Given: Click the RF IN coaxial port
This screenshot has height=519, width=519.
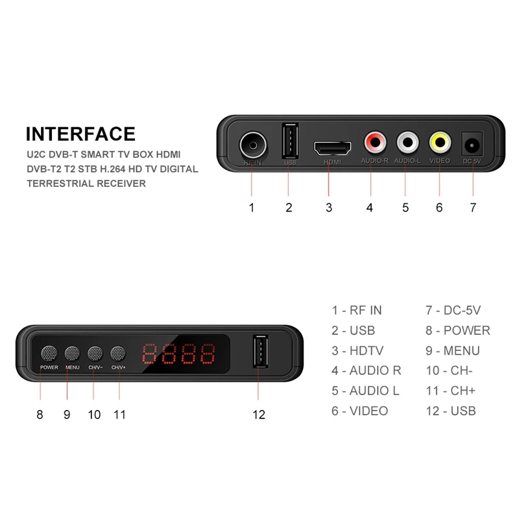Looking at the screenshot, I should (x=252, y=143).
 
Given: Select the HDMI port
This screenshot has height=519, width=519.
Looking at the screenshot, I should (x=332, y=147).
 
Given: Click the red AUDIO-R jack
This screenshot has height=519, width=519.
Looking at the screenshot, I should (x=375, y=141).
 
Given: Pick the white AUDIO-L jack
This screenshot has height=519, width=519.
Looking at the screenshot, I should (x=407, y=141).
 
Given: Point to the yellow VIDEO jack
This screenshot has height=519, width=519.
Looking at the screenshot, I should (x=439, y=141).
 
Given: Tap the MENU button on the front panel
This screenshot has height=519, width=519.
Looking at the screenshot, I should (x=71, y=354).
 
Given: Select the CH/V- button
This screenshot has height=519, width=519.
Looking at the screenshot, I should (x=95, y=354).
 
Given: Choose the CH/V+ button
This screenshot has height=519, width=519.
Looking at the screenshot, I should (x=118, y=354).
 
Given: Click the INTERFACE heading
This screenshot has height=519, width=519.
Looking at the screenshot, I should (x=80, y=134).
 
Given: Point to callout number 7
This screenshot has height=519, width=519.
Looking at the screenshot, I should (x=473, y=208).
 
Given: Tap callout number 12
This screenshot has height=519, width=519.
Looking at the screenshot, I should (x=259, y=415).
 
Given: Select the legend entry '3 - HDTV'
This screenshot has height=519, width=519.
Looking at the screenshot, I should (x=357, y=351).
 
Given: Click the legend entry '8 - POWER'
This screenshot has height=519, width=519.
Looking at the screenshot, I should (x=458, y=331).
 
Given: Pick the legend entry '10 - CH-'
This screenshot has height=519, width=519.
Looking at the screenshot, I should (x=449, y=371).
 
